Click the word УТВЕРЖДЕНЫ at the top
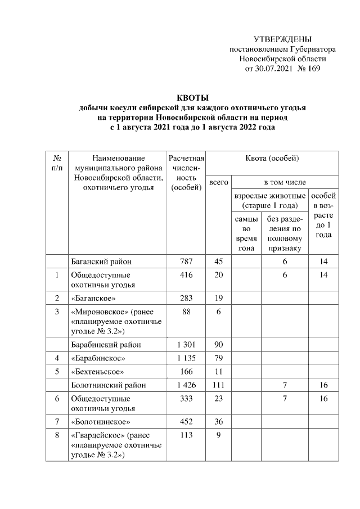tap(282, 39)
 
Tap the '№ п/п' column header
tap(57, 164)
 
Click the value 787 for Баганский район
tap(186, 262)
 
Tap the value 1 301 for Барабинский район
tap(186, 345)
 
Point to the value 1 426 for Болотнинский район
tap(186, 385)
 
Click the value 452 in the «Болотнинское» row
tap(186, 422)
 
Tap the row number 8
tap(57, 436)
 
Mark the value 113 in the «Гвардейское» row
tap(186, 436)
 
